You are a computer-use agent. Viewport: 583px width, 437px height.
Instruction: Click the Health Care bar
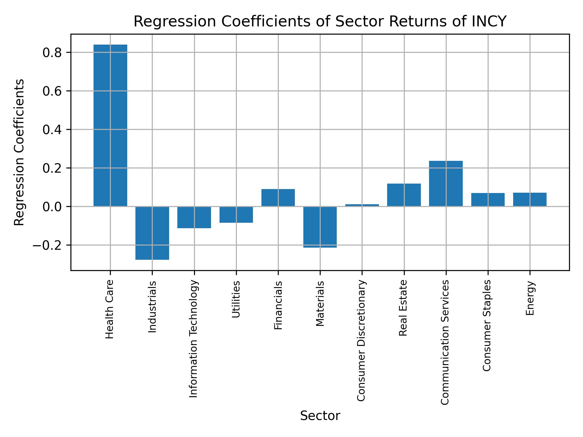click(x=110, y=125)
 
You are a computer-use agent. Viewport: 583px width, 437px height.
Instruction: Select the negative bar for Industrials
click(x=152, y=233)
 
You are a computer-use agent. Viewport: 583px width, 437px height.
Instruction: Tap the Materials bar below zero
click(x=320, y=227)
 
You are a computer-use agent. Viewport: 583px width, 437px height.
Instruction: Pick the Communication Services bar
click(x=446, y=184)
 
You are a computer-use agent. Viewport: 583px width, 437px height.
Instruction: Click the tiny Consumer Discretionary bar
click(x=362, y=205)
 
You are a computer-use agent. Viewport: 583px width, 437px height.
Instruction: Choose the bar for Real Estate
click(x=404, y=195)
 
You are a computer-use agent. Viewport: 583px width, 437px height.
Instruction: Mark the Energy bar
click(x=530, y=199)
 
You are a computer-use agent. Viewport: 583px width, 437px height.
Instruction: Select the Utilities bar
click(x=236, y=215)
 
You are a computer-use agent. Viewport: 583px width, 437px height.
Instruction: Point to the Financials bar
click(x=278, y=198)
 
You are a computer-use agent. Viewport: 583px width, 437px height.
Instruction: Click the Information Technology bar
click(x=194, y=217)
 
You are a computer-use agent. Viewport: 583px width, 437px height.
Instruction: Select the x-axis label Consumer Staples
click(x=487, y=325)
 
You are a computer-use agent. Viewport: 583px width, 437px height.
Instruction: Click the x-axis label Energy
click(x=530, y=298)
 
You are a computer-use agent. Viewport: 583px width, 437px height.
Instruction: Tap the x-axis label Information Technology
click(x=194, y=339)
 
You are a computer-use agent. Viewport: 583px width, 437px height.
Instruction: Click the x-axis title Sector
click(x=320, y=416)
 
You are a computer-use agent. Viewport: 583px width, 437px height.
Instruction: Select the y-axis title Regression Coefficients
click(x=19, y=152)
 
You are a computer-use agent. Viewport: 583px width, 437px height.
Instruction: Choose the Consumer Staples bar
click(x=488, y=200)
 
